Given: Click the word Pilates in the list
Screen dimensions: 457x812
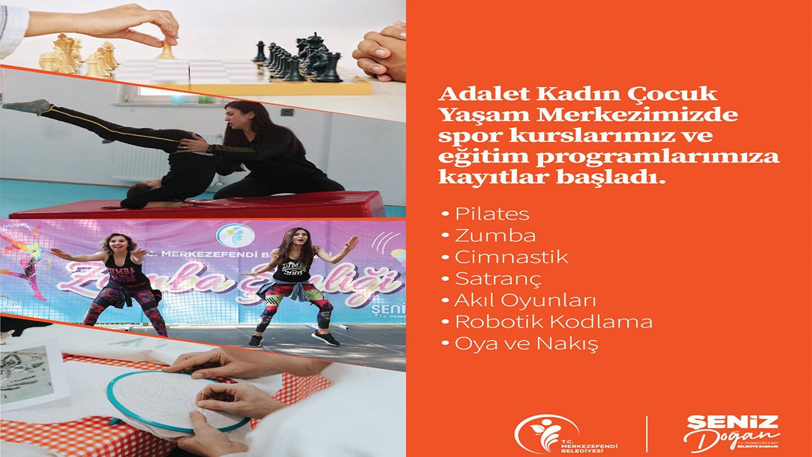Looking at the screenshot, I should pyautogui.click(x=492, y=215).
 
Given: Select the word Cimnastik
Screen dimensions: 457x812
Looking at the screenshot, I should pyautogui.click(x=511, y=257).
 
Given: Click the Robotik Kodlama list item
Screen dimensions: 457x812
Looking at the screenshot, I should pyautogui.click(x=554, y=322).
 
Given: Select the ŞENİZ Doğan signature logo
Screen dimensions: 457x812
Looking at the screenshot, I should pyautogui.click(x=731, y=433).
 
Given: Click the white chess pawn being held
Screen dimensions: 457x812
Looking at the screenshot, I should pyautogui.click(x=166, y=49).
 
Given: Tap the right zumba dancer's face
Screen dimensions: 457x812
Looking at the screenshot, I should pyautogui.click(x=298, y=240).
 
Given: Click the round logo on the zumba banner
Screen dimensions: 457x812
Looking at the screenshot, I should pyautogui.click(x=235, y=236).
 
